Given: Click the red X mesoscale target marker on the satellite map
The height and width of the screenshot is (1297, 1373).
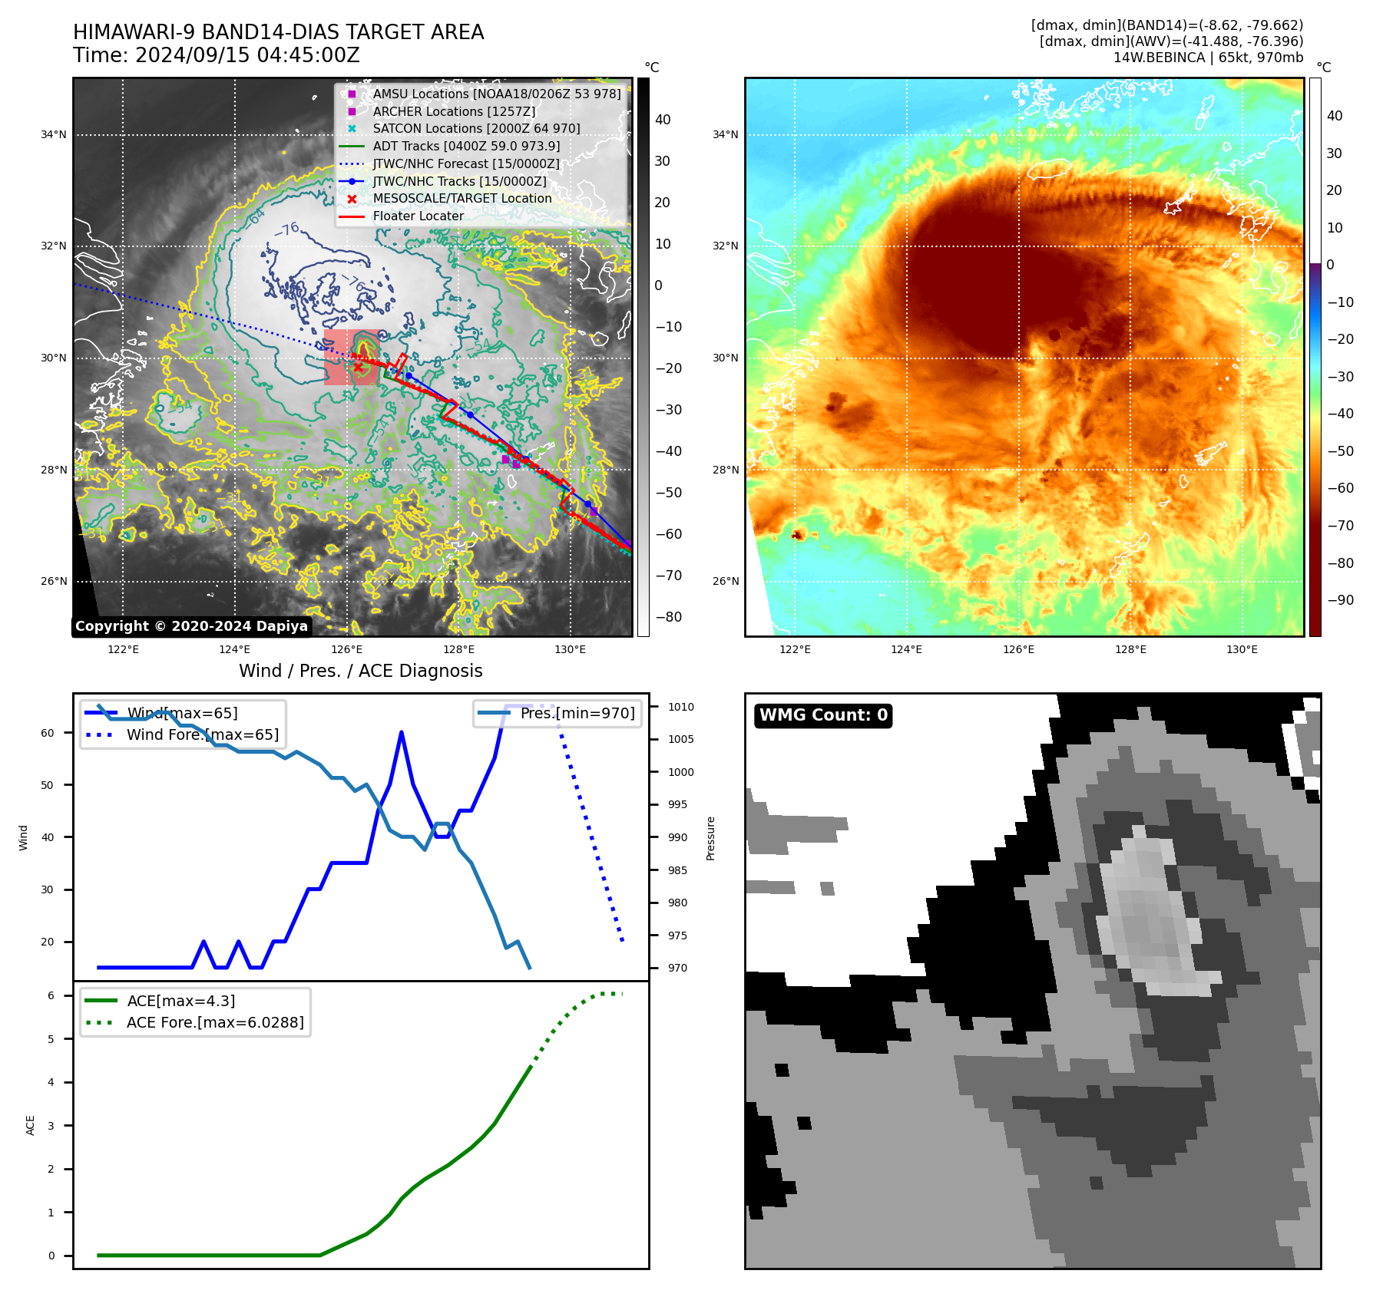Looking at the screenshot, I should point(358,368).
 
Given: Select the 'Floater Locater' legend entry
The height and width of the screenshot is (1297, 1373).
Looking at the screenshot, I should point(418,216).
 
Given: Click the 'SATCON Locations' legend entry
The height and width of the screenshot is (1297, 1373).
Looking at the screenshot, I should point(476,129).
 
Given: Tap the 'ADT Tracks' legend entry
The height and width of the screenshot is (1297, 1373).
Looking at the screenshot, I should point(466,147).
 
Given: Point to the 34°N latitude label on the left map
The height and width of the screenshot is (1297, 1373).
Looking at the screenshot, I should point(54,135).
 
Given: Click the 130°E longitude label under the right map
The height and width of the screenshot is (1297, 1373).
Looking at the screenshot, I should point(1242,650).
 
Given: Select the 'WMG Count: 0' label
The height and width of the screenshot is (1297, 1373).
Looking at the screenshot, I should point(823,715).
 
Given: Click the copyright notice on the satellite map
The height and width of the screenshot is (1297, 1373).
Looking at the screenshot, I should point(191,626).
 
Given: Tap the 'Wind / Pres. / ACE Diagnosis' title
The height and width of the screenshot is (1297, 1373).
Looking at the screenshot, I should point(361,671).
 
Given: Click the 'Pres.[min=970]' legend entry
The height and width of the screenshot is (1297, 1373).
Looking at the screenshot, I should point(577,714).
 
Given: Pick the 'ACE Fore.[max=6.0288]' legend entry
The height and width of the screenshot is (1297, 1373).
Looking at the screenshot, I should point(215,1023).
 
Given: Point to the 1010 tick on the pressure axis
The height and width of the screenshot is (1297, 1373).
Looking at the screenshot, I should point(680,708).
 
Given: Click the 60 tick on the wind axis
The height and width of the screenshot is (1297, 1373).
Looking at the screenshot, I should point(48,733).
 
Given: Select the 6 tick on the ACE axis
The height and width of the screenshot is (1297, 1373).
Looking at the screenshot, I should point(51,996).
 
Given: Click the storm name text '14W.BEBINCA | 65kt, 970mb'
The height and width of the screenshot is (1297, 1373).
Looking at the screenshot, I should point(1208,58).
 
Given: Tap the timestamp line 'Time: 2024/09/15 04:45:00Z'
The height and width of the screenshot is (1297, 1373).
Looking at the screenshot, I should point(217,55).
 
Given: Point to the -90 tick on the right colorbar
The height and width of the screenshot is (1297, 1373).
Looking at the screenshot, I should point(1340,600).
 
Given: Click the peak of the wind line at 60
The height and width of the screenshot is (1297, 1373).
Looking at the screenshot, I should point(402,733).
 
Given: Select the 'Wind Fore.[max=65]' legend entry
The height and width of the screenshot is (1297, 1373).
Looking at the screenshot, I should point(203,735).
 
